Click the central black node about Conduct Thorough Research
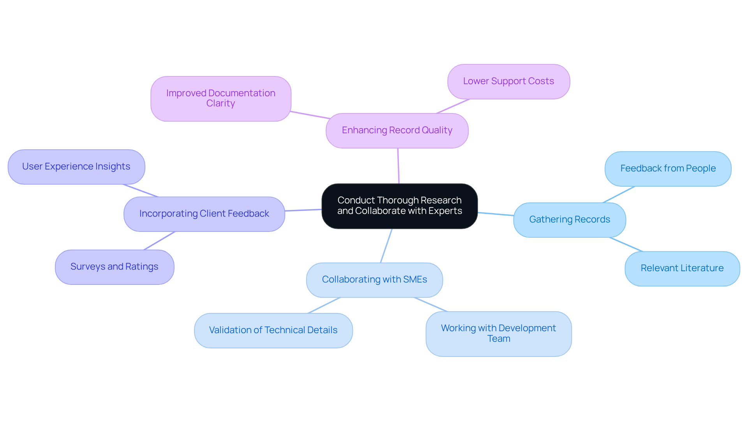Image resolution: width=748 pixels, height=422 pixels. [x=399, y=206]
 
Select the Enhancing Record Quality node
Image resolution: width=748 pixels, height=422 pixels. [x=397, y=131]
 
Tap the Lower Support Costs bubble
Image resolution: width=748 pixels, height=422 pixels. [x=508, y=81]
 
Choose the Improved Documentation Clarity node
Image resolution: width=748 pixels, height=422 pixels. [x=221, y=99]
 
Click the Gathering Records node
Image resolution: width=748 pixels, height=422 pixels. [x=569, y=220]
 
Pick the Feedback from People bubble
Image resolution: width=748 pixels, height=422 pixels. [x=668, y=169]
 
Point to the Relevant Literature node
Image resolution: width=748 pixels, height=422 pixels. [x=682, y=268]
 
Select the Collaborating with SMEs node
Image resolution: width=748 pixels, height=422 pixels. [x=374, y=280]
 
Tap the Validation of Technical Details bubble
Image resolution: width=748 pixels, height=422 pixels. [x=273, y=330]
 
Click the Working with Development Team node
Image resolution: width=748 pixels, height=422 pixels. [x=498, y=334]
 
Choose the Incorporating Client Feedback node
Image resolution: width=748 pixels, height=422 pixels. [x=204, y=214]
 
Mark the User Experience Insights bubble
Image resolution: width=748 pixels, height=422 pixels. [x=76, y=167]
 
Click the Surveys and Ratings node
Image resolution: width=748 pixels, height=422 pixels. [x=115, y=267]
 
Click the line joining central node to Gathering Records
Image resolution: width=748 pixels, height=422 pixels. [x=496, y=214]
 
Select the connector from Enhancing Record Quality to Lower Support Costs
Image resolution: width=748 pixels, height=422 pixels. [x=453, y=106]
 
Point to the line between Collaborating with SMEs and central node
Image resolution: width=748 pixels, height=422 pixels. [x=386, y=246]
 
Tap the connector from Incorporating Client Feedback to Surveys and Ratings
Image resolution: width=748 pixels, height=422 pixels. [x=159, y=241]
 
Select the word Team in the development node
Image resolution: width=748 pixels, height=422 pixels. [x=499, y=339]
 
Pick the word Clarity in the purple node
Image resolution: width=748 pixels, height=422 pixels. [x=221, y=104]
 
